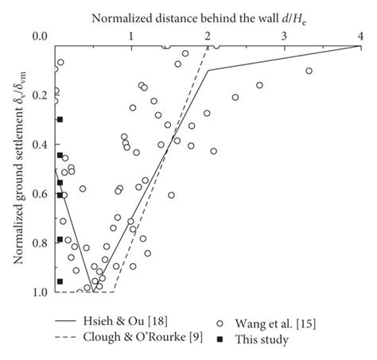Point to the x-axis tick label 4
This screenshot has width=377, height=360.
pos(360,36)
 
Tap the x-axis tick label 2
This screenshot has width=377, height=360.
pos(207,36)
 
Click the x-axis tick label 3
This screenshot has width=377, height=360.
pos(284,36)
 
